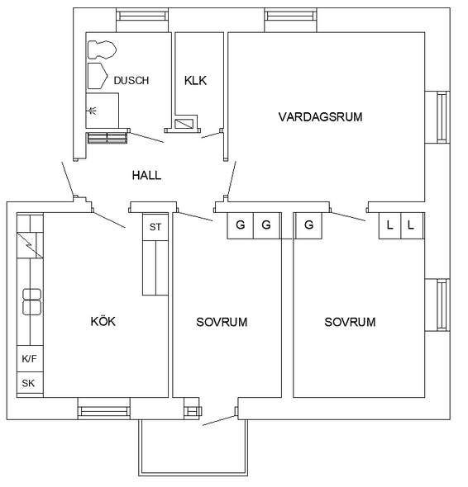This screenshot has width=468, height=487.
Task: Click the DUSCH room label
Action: coord(131,81)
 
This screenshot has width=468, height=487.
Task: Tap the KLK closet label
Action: coord(195,81)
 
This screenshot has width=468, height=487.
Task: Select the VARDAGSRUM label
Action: coord(320,117)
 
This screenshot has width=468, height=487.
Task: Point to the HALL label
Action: coord(146,176)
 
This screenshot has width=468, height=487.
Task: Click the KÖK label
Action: coord(103,321)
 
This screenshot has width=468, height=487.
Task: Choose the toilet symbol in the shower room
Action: coord(102,50)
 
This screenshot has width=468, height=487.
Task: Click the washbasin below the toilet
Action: coord(98,76)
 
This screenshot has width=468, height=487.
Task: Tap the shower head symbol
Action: coord(93,111)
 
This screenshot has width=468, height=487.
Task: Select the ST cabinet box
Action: coord(155,227)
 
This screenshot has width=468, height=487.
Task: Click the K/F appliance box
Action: coord(30,359)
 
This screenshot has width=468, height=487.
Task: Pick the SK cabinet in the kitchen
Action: coord(30,383)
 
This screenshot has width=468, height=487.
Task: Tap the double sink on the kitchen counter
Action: coord(31,301)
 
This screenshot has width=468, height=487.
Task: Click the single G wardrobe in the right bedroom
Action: coord(308,225)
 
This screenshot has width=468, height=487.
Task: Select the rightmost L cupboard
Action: coord(413,225)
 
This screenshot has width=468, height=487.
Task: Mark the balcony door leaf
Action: coord(219,420)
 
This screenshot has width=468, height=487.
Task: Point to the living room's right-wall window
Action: coord(442,117)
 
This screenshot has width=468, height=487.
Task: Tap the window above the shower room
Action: coord(142,15)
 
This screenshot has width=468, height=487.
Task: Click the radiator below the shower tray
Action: coord(107,138)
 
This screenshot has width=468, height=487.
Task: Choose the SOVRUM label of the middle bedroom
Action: coord(222,322)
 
